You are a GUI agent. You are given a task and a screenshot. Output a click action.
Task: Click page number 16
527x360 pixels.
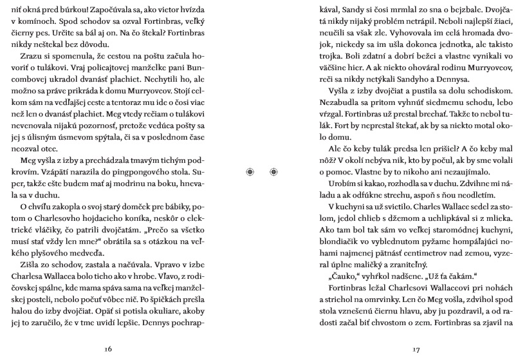point(108,349)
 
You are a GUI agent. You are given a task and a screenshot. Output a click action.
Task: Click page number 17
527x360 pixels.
point(416,349)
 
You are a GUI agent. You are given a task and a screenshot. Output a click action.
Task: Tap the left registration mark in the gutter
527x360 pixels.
point(250,171)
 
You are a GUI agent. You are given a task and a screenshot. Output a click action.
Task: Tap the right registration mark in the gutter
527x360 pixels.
point(273,171)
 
